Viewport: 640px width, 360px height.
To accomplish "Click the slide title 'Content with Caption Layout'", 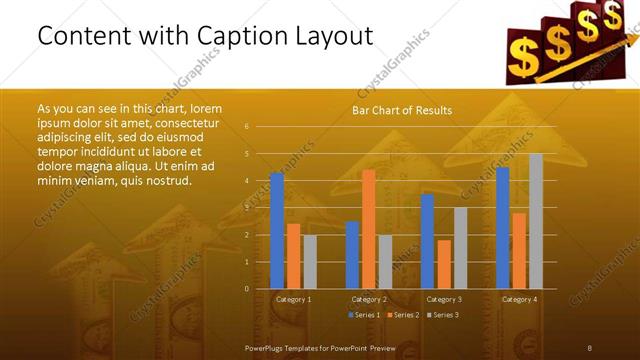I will tap(205, 37).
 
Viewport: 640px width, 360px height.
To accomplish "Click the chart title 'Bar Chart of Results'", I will tap(402, 110).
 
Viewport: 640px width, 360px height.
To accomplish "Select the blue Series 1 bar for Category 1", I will tap(277, 230).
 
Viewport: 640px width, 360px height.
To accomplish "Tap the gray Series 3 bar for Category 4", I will tap(536, 221).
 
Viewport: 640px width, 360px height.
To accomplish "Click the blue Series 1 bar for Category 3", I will tap(427, 241).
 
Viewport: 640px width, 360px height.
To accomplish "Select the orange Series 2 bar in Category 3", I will tap(444, 264).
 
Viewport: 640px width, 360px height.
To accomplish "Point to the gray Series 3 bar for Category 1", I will tap(310, 261).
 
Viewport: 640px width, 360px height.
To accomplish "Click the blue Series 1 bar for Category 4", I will tap(502, 227).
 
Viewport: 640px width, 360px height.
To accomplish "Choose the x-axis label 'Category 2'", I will tap(369, 299).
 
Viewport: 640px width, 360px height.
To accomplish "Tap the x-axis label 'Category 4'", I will tap(519, 299).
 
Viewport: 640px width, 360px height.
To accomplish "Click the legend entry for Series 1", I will tap(363, 315).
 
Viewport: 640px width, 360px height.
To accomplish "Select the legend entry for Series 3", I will tap(443, 315).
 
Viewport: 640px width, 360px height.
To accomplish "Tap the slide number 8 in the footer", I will tap(589, 346).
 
